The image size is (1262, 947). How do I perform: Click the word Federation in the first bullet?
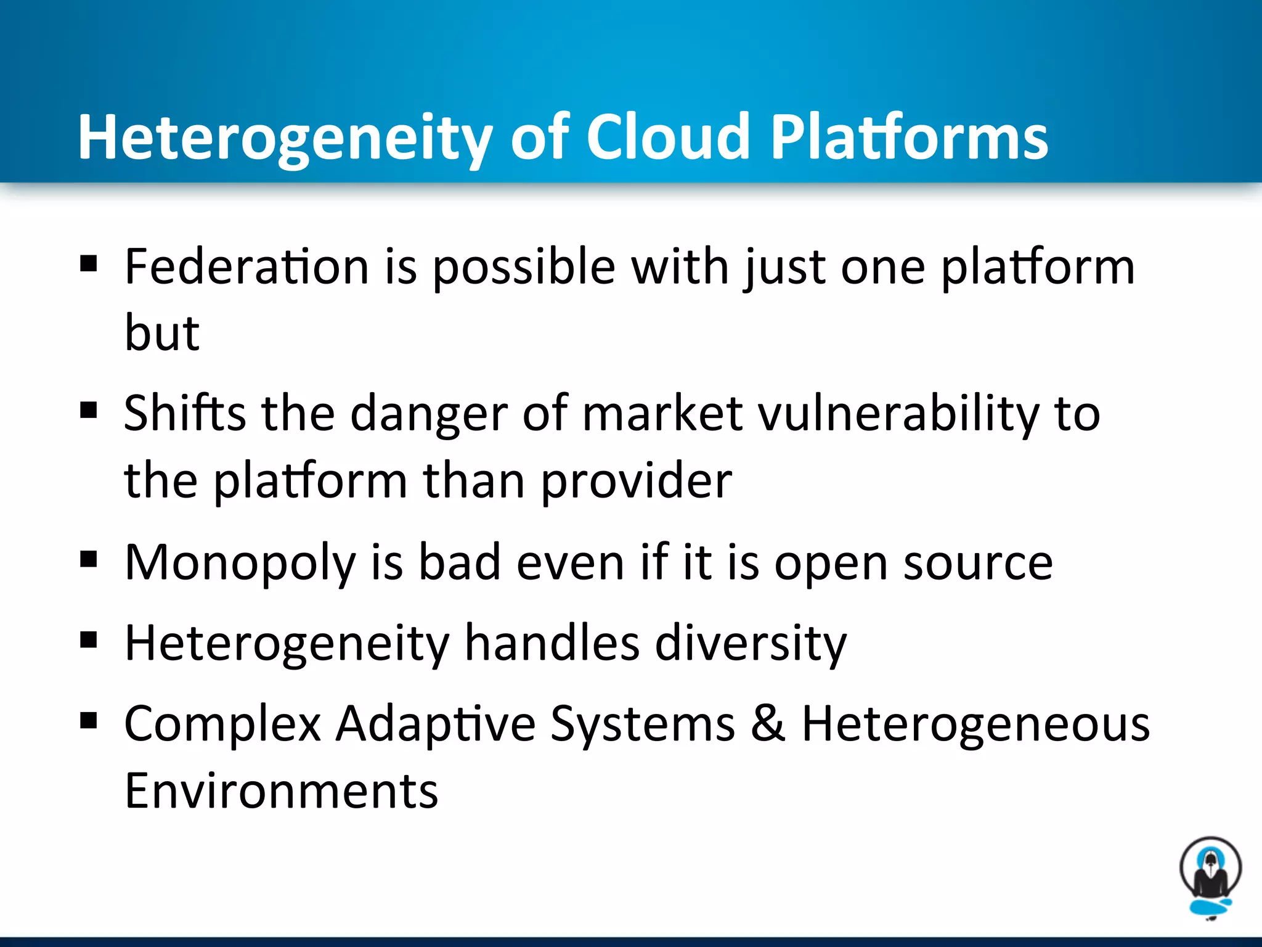pos(246,266)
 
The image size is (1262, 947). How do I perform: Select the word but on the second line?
pos(162,333)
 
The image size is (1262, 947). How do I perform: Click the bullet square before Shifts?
pos(89,410)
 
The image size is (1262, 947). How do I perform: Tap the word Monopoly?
pos(240,562)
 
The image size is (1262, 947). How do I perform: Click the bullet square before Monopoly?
pos(89,559)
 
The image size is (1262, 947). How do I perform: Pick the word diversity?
pos(751,643)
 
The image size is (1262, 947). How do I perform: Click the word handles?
pos(552,643)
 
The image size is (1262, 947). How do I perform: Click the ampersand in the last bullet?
pos(768,723)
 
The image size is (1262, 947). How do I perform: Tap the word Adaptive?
pos(436,723)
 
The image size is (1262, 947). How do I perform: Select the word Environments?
pos(281,791)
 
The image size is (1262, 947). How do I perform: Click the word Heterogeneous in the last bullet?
pos(975,723)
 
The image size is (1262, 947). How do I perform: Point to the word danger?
pos(429,413)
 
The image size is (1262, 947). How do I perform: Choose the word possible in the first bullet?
pos(524,268)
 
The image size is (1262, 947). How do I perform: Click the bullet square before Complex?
pos(89,719)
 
